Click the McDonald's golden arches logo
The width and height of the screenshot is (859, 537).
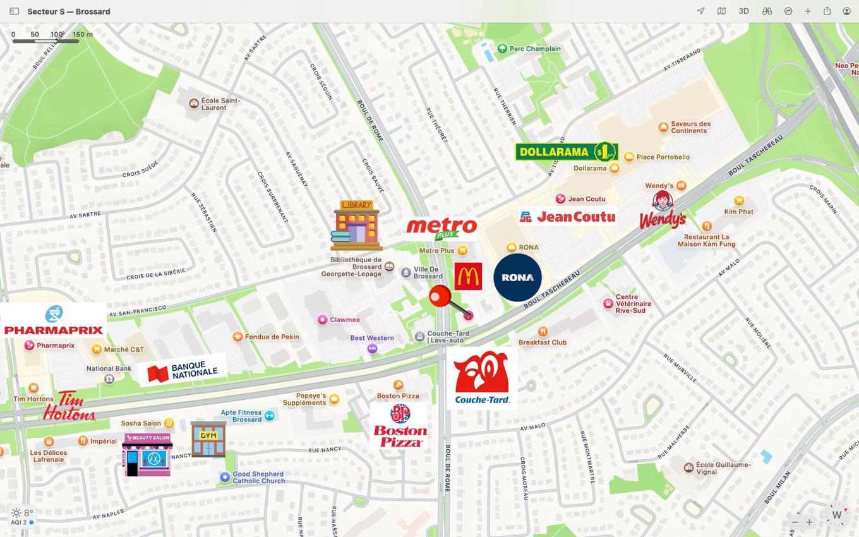point(468,277)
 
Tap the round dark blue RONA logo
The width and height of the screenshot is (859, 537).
point(517,277)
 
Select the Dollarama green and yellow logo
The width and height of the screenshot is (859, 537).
point(566,152)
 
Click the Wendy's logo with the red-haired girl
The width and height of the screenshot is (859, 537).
point(662,210)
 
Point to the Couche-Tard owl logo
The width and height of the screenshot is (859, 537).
point(482,378)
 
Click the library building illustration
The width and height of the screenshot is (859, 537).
point(356,226)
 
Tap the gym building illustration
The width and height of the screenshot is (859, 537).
point(208,439)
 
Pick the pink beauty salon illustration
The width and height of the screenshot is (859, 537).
point(147,454)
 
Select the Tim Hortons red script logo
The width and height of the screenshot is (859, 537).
point(69,406)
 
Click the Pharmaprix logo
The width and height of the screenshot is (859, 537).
point(54,321)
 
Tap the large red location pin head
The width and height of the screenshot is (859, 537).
point(440,296)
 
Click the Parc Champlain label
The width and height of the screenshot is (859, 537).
point(534,49)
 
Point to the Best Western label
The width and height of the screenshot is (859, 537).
point(372,338)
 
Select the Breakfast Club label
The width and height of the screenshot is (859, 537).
point(543,342)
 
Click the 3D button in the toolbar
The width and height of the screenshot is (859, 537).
point(744,11)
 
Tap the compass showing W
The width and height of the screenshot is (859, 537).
point(836,515)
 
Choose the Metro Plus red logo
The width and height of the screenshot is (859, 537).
point(442,228)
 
